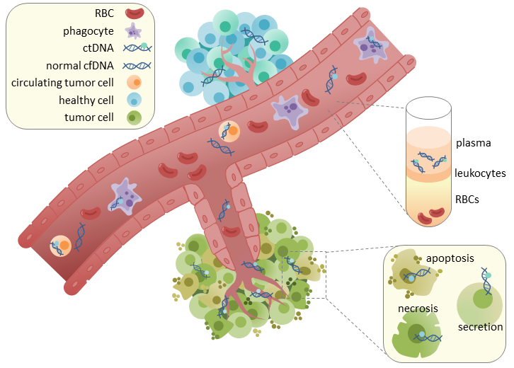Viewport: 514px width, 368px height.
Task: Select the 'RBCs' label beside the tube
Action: (467, 200)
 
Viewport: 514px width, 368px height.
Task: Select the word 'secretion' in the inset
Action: (480, 327)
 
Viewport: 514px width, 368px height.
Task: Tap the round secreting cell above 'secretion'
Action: (481, 300)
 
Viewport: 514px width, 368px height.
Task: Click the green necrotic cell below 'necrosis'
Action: (419, 336)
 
